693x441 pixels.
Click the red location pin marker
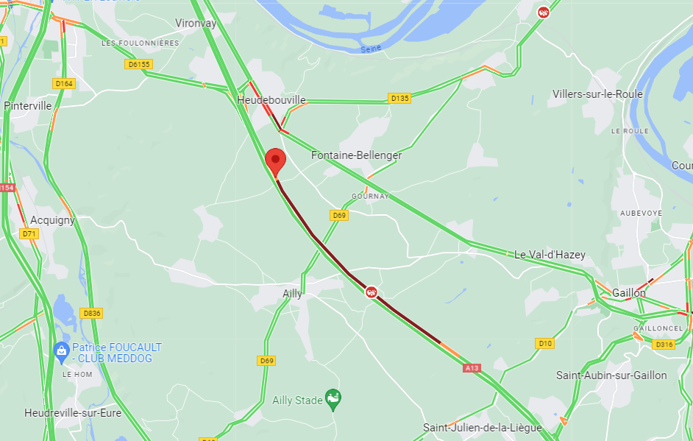pyautogui.click(x=275, y=160)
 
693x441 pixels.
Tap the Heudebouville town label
pyautogui.click(x=271, y=99)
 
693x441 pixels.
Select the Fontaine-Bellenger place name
pyautogui.click(x=357, y=155)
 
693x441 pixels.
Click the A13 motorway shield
pyautogui.click(x=472, y=367)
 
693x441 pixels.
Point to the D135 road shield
pyautogui.click(x=399, y=98)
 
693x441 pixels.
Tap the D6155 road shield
pyautogui.click(x=139, y=64)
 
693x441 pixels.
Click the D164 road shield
pyautogui.click(x=65, y=83)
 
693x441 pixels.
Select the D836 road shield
pyautogui.click(x=91, y=313)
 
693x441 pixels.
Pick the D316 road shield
pyautogui.click(x=664, y=345)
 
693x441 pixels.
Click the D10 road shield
pyautogui.click(x=545, y=343)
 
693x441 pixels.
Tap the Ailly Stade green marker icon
pyautogui.click(x=333, y=400)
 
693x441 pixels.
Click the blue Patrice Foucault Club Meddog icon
pyautogui.click(x=62, y=351)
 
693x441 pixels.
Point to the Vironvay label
pyautogui.click(x=196, y=24)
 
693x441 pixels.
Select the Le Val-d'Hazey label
pyautogui.click(x=550, y=255)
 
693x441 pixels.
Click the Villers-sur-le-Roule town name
pyautogui.click(x=598, y=94)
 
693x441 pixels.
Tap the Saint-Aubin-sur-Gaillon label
pyautogui.click(x=611, y=375)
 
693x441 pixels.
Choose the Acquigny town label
pyautogui.click(x=53, y=220)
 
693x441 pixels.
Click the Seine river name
pyautogui.click(x=371, y=49)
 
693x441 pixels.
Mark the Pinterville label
pyautogui.click(x=28, y=105)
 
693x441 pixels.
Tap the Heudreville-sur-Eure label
pyautogui.click(x=72, y=413)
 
